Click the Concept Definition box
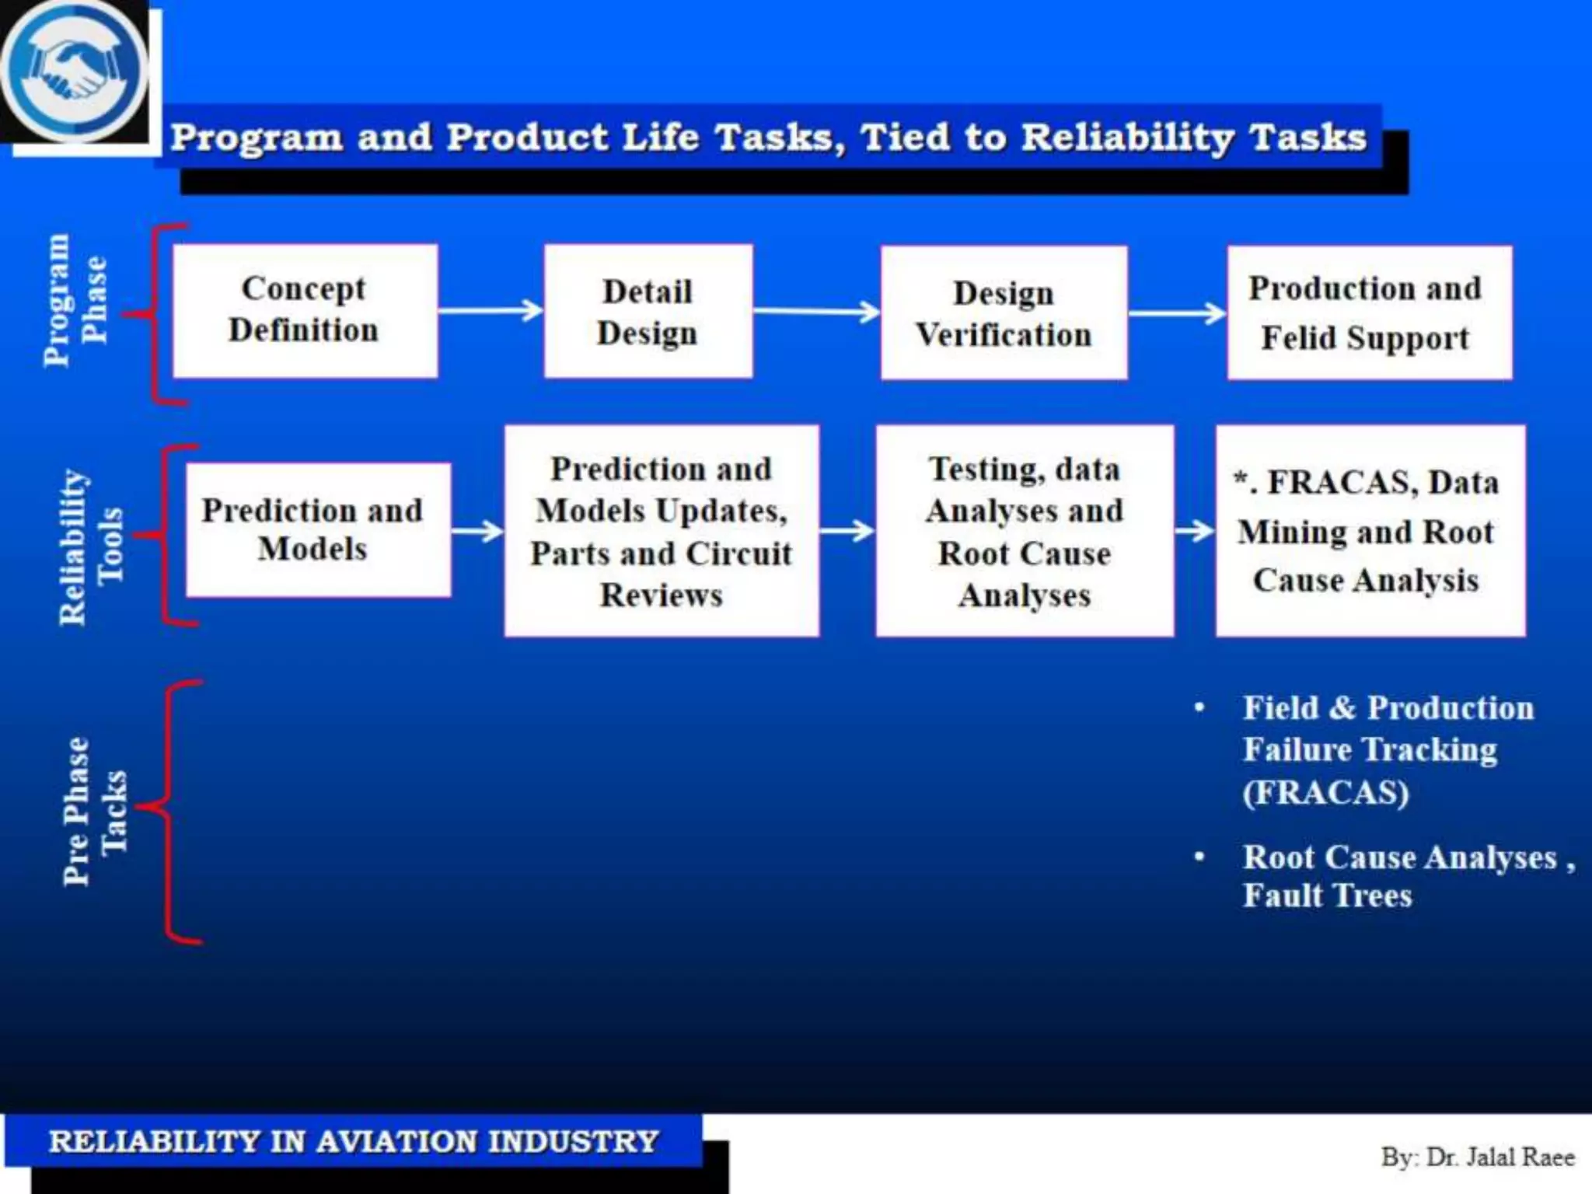pos(305,311)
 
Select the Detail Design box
pos(648,311)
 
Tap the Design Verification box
pos(1004,312)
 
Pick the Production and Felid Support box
pos(1369,312)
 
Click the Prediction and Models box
pos(317,530)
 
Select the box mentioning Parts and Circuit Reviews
pos(662,531)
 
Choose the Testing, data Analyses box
pos(1024,531)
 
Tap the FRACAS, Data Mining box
pos(1370,531)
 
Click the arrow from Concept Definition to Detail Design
pos(491,311)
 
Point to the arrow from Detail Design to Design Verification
pos(816,312)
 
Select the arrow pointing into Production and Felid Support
pos(1177,314)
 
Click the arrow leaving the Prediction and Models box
pos(477,532)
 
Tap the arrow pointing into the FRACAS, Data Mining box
pos(1194,531)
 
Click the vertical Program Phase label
pos(75,300)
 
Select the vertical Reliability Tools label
pos(90,546)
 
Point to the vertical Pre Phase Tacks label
pos(94,811)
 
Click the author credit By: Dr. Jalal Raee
pos(1477,1157)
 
